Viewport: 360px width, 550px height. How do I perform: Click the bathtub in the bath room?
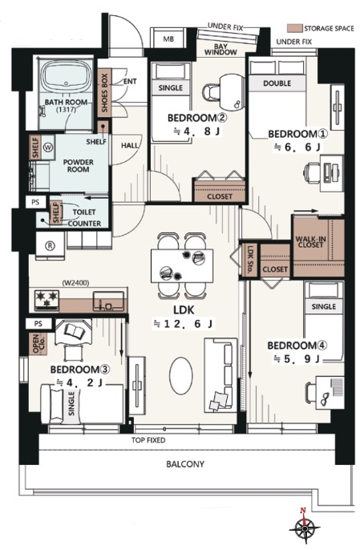tap(66, 76)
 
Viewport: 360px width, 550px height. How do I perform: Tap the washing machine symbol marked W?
tap(48, 148)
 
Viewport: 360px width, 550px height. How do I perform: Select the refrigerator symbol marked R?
tap(51, 245)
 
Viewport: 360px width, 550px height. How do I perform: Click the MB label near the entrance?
tap(168, 39)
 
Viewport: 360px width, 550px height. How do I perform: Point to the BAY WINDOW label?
tap(220, 50)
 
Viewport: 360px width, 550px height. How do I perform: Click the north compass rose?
tap(305, 527)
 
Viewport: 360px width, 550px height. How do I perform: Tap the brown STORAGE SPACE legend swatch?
tap(294, 28)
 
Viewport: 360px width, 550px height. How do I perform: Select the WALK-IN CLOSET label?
tap(310, 242)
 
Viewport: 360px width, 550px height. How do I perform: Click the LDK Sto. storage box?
tap(250, 260)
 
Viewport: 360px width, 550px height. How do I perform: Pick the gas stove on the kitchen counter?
tap(46, 300)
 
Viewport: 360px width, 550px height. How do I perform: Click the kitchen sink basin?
tap(108, 300)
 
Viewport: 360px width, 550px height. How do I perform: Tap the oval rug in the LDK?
tap(181, 376)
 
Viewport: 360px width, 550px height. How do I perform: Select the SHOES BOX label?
tap(104, 93)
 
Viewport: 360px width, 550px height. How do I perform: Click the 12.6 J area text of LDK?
tap(183, 324)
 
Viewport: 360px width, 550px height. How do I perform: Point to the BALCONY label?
tap(185, 464)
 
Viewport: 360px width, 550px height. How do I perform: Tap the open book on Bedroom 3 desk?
tap(74, 331)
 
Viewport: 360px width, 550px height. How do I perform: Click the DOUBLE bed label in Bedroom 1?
tap(277, 83)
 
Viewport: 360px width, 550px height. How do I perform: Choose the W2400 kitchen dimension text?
tap(75, 282)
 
